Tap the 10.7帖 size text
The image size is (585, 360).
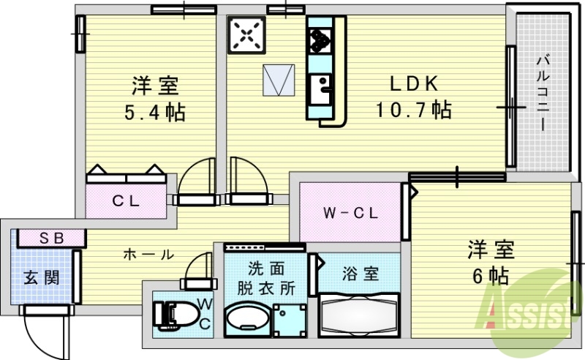(x=413, y=110)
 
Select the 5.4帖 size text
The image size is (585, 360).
(x=154, y=113)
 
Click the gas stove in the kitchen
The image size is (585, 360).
(x=246, y=34)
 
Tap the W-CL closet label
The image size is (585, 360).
(x=350, y=214)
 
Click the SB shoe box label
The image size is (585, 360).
(x=51, y=237)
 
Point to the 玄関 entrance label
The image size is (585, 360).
(x=42, y=277)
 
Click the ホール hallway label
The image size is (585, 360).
(x=148, y=255)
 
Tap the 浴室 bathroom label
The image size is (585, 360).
(x=360, y=274)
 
